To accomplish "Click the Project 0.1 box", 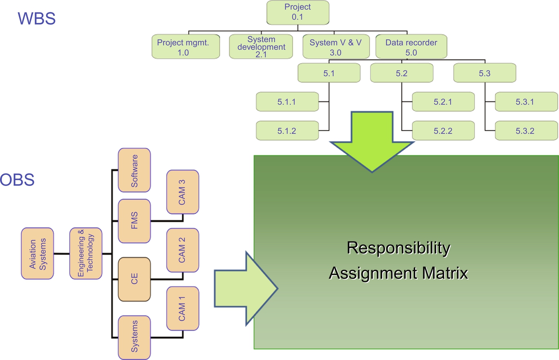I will pyautogui.click(x=298, y=13).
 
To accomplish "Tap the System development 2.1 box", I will pyautogui.click(x=261, y=47).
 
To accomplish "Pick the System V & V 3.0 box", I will pyautogui.click(x=335, y=47).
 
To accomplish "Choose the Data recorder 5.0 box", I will pyautogui.click(x=411, y=47).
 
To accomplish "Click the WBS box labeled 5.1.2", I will pyautogui.click(x=287, y=131).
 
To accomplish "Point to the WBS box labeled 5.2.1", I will pyautogui.click(x=443, y=102).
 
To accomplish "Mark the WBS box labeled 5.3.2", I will pyautogui.click(x=526, y=131).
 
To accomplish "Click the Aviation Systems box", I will pyautogui.click(x=37, y=254).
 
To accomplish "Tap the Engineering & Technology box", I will pyautogui.click(x=86, y=254).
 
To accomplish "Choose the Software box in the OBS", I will pyautogui.click(x=134, y=170).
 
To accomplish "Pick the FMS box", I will pyautogui.click(x=134, y=221).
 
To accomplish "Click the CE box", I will pyautogui.click(x=134, y=280).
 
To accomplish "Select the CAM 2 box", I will pyautogui.click(x=183, y=250).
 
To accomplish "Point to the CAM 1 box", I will pyautogui.click(x=183, y=309).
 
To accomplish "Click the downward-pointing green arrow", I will pyautogui.click(x=372, y=141).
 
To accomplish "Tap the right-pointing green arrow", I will pyautogui.click(x=245, y=288).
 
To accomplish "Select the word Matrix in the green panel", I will pyautogui.click(x=442, y=273).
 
